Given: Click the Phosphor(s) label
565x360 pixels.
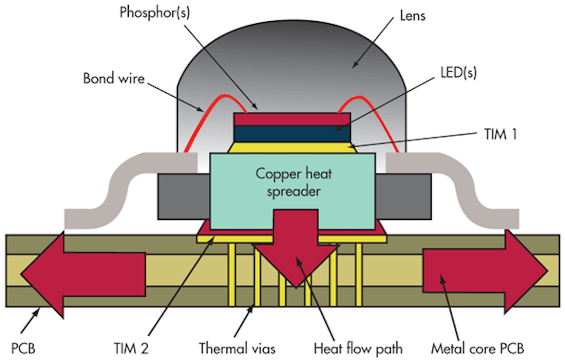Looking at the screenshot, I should (x=155, y=13).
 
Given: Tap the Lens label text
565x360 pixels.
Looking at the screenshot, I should (x=412, y=16).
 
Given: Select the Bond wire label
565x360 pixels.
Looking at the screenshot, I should (x=114, y=78).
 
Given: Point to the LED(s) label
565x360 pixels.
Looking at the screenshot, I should (x=458, y=72).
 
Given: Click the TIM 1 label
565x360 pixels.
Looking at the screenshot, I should (x=500, y=134).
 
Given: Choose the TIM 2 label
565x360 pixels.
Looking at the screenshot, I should (x=131, y=348).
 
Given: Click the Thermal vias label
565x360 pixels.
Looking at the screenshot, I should (x=237, y=348).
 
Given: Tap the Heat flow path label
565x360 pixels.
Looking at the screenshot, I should (x=358, y=348).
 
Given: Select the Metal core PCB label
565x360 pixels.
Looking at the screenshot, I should (x=478, y=348).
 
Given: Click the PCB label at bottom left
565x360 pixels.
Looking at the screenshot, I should (x=23, y=348).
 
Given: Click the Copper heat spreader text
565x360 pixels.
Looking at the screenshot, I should (x=293, y=182).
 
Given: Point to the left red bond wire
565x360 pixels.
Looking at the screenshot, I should (x=204, y=114).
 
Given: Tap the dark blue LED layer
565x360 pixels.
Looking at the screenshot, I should (x=292, y=134).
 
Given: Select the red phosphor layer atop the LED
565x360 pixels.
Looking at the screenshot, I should (x=292, y=119).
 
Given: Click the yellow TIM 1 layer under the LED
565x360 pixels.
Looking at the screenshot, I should (x=292, y=148).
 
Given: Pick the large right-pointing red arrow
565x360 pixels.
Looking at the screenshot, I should (x=483, y=271).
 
